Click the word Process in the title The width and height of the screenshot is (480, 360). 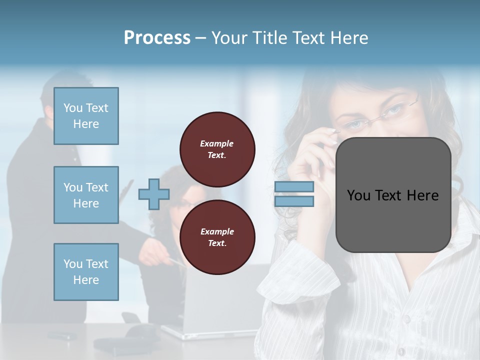click(157, 38)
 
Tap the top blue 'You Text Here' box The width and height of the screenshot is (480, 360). click(86, 116)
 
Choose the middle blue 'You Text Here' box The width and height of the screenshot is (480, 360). click(86, 195)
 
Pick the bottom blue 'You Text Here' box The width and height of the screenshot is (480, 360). click(86, 272)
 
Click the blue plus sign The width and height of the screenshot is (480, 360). click(154, 194)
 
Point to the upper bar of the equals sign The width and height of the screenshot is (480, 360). click(294, 186)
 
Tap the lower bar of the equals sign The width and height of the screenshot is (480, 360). click(294, 201)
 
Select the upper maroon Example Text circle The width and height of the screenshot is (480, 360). click(217, 149)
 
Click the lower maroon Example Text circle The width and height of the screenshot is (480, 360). click(217, 237)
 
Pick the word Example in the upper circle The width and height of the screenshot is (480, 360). click(216, 143)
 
